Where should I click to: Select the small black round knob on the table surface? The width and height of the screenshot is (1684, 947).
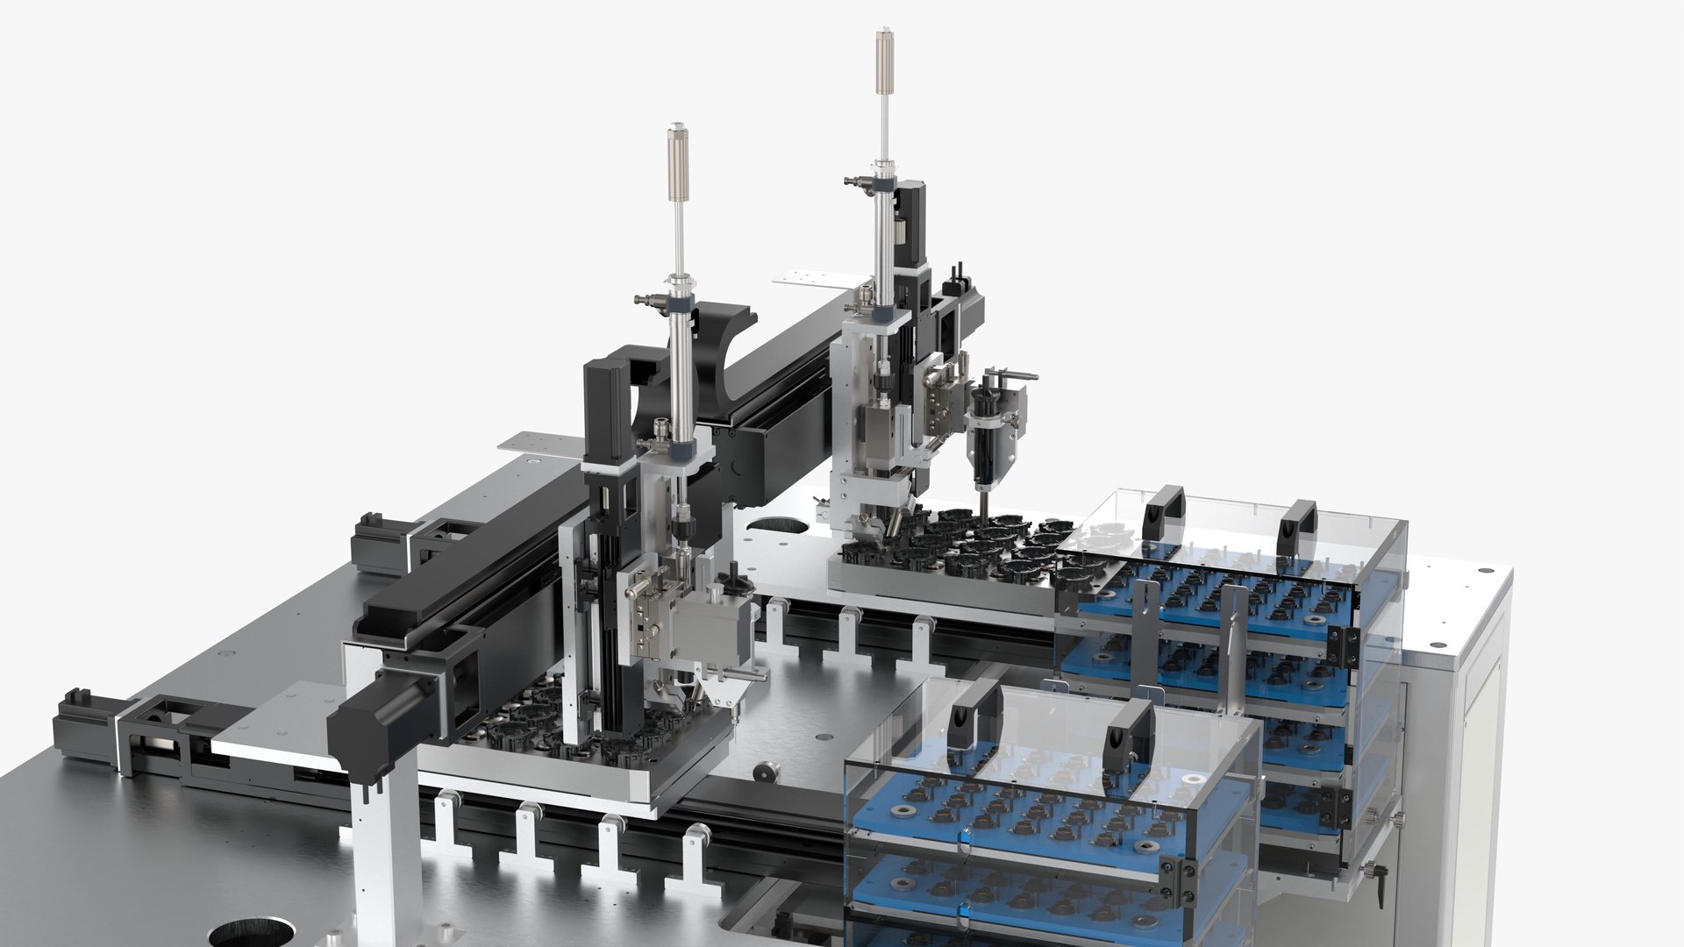pos(766,773)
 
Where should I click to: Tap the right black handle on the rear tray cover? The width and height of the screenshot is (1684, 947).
pos(1297,525)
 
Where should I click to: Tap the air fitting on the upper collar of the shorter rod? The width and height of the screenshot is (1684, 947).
pos(646,302)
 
